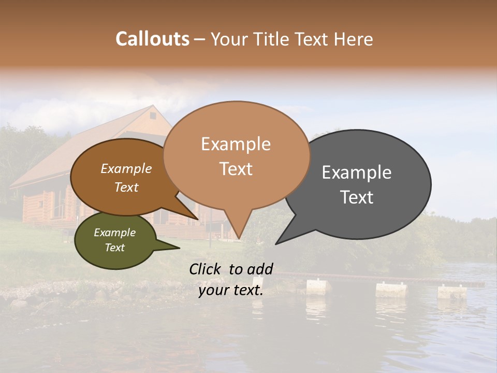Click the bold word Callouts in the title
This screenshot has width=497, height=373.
152,39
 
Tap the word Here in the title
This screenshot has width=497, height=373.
354,39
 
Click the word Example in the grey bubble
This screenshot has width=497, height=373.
357,173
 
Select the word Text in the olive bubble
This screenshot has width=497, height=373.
115,248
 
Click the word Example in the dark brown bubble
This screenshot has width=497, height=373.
126,168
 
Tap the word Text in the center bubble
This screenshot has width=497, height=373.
236,169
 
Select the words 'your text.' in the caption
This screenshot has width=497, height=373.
231,290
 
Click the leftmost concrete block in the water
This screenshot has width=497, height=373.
318,286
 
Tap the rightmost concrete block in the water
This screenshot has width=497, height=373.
452,292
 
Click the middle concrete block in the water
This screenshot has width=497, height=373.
391,289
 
